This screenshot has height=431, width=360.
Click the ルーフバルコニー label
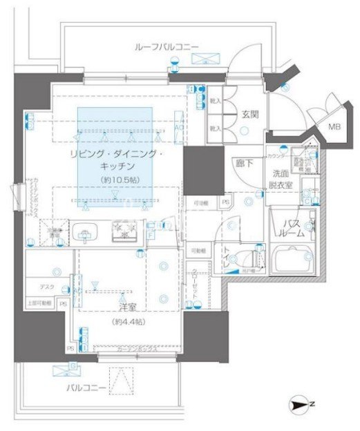tap(166, 47)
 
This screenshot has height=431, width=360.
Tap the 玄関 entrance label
tap(249, 115)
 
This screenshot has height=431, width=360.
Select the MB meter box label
tap(334, 126)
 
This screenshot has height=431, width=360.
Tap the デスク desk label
tap(46, 286)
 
